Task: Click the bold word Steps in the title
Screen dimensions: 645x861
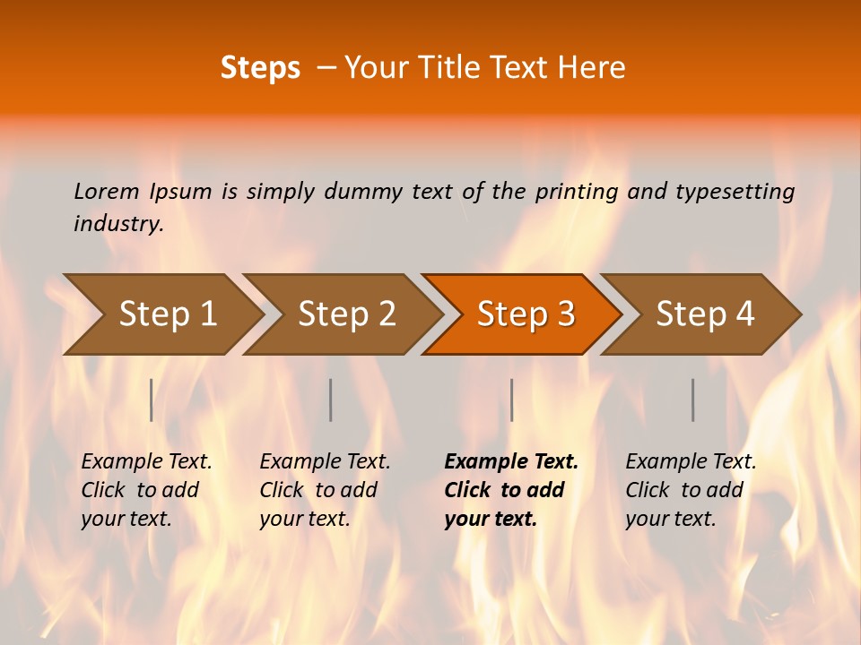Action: (x=260, y=68)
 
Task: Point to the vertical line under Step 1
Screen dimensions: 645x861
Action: (x=152, y=400)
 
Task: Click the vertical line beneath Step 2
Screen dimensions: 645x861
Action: (x=331, y=400)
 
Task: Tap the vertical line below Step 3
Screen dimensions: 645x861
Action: (x=511, y=400)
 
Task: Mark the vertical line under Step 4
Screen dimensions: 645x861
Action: (x=692, y=400)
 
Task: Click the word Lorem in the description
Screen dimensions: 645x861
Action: (x=107, y=192)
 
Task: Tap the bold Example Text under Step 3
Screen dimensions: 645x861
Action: (x=511, y=462)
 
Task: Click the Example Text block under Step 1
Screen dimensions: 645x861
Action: (x=146, y=490)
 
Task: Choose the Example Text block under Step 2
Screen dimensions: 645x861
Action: (x=325, y=490)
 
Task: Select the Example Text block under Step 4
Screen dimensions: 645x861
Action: (x=691, y=490)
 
